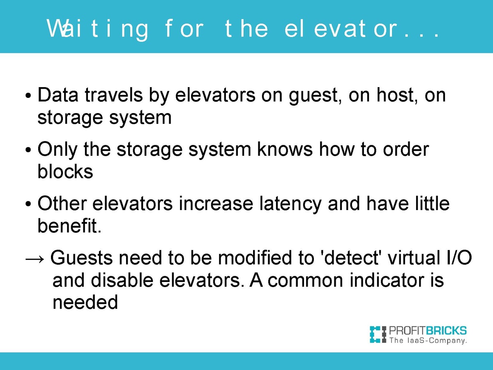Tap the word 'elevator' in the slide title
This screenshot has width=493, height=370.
(x=341, y=28)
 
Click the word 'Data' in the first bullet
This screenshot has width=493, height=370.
(x=58, y=95)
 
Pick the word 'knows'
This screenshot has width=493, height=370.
(x=285, y=149)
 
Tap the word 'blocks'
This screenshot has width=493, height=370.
(x=65, y=171)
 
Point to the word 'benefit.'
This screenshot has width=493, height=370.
(x=69, y=225)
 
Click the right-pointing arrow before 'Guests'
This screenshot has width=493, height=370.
(x=35, y=259)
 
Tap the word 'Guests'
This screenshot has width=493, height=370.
(x=81, y=258)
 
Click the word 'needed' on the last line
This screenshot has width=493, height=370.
(x=85, y=302)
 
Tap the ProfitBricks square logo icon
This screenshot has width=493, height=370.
(x=378, y=335)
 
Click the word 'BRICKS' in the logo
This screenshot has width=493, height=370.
(x=446, y=331)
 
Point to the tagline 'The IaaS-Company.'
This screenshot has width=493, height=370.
(x=428, y=340)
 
